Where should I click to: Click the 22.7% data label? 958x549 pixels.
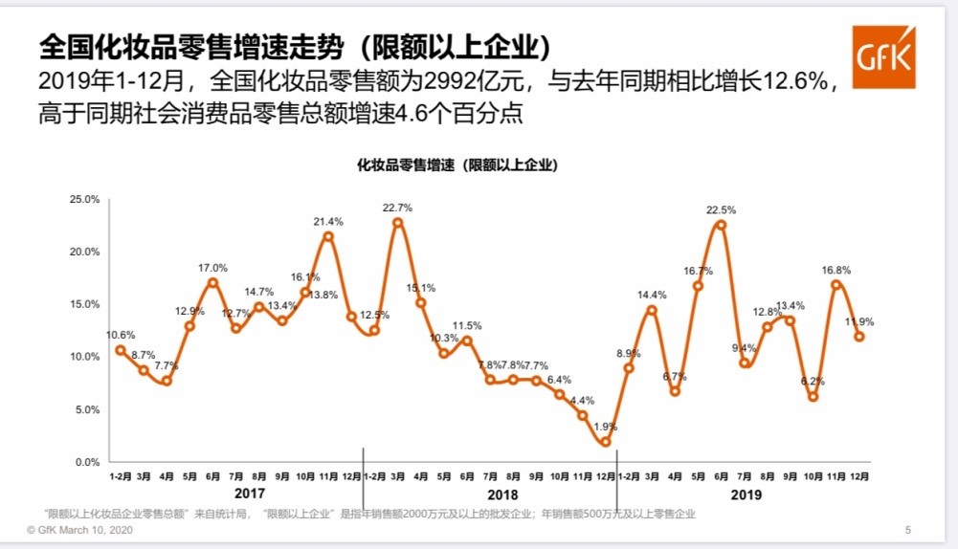pyautogui.click(x=397, y=207)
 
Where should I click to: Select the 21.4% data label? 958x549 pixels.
pyautogui.click(x=328, y=221)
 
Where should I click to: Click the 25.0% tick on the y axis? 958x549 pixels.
pyautogui.click(x=85, y=199)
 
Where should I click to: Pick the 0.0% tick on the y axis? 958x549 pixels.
pyautogui.click(x=88, y=462)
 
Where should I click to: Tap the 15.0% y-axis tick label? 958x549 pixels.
pyautogui.click(x=85, y=304)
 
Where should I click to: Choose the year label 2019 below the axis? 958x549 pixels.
pyautogui.click(x=745, y=494)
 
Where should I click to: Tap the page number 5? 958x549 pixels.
pyautogui.click(x=907, y=530)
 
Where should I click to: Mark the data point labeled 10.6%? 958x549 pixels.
pyautogui.click(x=120, y=350)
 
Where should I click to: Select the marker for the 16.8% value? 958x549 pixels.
pyautogui.click(x=836, y=284)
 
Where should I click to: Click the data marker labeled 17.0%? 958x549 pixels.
pyautogui.click(x=212, y=282)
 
